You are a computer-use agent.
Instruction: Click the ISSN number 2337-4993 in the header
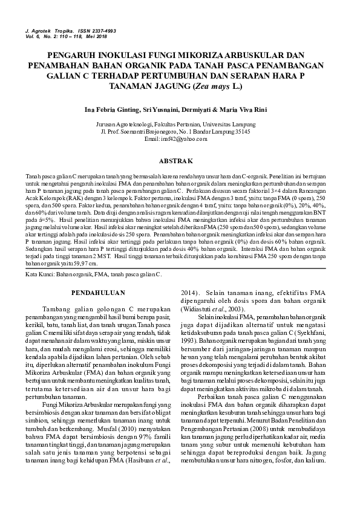100,30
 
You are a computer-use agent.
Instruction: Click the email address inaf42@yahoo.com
180,139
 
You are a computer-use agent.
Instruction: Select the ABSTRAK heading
180,161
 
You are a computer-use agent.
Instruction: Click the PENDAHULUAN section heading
99,293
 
